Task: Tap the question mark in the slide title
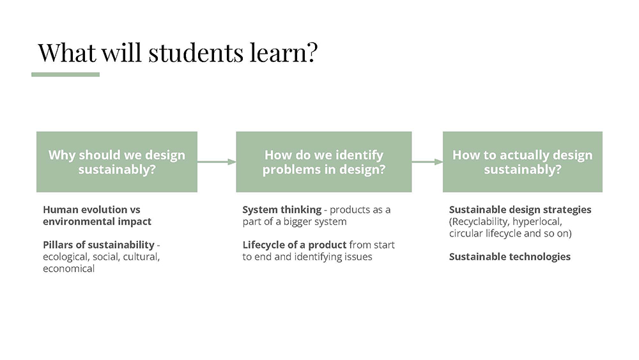pyautogui.click(x=311, y=52)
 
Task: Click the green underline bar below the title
pyautogui.click(x=65, y=75)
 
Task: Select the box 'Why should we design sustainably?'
pyautogui.click(x=116, y=162)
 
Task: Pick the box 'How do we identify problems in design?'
pyautogui.click(x=323, y=162)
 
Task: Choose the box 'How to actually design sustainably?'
pyautogui.click(x=522, y=162)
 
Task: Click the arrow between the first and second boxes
pyautogui.click(x=217, y=162)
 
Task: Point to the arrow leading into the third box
pyautogui.click(x=427, y=162)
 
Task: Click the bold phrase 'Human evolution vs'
pyautogui.click(x=91, y=210)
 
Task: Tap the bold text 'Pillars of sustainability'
pyautogui.click(x=98, y=245)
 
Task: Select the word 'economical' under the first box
pyautogui.click(x=68, y=269)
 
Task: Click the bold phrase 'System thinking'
pyautogui.click(x=282, y=210)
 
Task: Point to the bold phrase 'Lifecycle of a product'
pyautogui.click(x=294, y=245)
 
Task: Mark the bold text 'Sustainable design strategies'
pyautogui.click(x=520, y=210)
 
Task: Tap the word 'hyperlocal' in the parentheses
pyautogui.click(x=537, y=221)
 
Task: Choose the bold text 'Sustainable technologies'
pyautogui.click(x=509, y=256)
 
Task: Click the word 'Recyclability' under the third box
pyautogui.click(x=479, y=221)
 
